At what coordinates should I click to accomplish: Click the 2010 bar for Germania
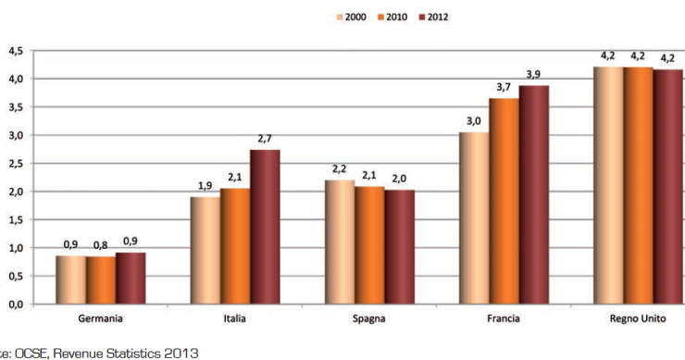[100, 280]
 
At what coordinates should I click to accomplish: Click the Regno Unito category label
[639, 319]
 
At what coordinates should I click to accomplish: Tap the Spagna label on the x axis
[369, 319]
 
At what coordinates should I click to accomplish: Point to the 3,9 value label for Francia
[533, 74]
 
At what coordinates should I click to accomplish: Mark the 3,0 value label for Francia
[475, 121]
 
